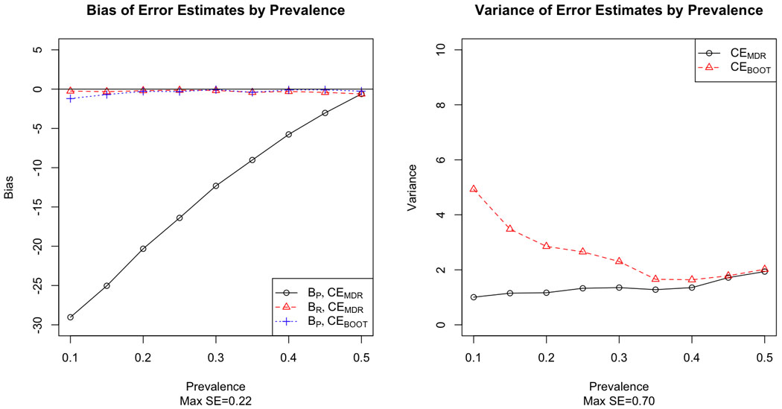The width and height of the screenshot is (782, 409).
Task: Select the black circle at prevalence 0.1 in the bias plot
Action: [71, 317]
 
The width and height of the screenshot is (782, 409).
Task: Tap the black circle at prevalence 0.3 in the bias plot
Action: [216, 186]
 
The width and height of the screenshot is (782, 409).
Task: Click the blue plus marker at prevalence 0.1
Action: [71, 98]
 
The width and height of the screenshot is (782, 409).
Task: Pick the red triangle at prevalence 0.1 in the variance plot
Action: [474, 189]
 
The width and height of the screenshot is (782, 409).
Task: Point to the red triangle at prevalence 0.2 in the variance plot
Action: [546, 246]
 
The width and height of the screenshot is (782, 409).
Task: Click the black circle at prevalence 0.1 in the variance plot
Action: [474, 297]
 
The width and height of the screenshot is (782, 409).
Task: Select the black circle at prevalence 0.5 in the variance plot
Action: [765, 271]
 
